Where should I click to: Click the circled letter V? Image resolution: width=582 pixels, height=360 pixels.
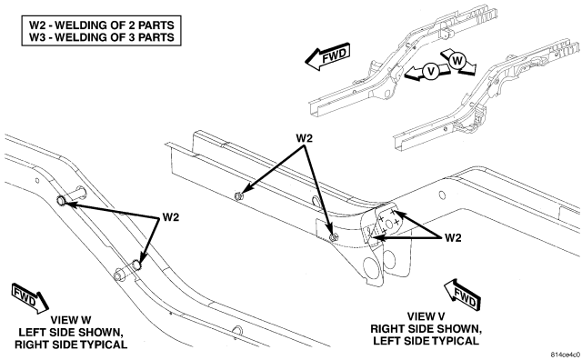pos(431,71)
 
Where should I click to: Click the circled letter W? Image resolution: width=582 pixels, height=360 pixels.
pos(457,60)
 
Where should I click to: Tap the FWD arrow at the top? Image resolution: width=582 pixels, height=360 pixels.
pos(327,56)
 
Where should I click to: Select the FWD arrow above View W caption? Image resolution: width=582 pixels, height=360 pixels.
pos(30,297)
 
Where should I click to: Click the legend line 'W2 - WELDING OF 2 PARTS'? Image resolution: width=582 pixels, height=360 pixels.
pos(102,25)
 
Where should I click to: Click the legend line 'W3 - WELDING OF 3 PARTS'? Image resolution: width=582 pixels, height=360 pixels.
pos(102,37)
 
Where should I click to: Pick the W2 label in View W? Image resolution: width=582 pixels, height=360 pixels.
pos(171,217)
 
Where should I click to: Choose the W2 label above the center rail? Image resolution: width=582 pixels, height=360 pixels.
pos(305,138)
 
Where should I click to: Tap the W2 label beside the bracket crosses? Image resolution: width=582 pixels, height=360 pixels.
pos(453,238)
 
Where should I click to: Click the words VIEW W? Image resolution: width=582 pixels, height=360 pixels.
pos(71,320)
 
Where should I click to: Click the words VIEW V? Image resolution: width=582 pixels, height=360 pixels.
pos(426,316)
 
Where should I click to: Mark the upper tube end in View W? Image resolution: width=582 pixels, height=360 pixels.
pos(61,201)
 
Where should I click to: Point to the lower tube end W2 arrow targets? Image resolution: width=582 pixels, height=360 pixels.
pos(137,265)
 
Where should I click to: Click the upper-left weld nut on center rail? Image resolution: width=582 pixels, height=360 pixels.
pos(239,196)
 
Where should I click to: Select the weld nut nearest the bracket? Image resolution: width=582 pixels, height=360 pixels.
pos(334,237)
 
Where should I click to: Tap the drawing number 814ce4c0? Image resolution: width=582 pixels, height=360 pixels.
pos(566,354)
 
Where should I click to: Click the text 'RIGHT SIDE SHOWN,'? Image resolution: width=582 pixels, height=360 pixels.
pos(426,329)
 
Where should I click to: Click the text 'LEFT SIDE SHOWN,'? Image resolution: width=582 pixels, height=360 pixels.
pos(71,332)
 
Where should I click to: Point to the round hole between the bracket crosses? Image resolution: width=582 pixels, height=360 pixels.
pos(389,224)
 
